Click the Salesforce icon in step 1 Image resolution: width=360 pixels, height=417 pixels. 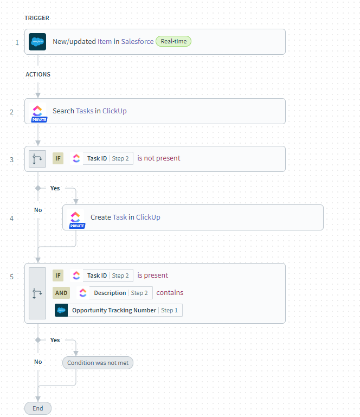pyautogui.click(x=37, y=42)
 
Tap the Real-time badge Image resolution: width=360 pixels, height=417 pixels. pyautogui.click(x=173, y=41)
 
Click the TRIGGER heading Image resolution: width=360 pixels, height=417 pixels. pyautogui.click(x=37, y=18)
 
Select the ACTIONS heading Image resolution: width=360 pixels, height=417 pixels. pyautogui.click(x=38, y=74)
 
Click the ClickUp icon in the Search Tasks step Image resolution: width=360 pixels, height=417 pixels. pyautogui.click(x=37, y=111)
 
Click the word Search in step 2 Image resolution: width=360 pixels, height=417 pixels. pyautogui.click(x=63, y=111)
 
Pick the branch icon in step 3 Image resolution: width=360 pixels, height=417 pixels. pyautogui.click(x=37, y=159)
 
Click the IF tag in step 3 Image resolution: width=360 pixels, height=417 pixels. pyautogui.click(x=58, y=158)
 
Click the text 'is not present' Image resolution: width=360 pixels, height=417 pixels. pyautogui.click(x=159, y=158)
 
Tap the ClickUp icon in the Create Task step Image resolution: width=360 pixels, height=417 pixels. pyautogui.click(x=75, y=217)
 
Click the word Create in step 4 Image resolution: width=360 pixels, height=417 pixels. pyautogui.click(x=100, y=217)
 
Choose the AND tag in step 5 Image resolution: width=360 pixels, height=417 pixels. pyautogui.click(x=61, y=293)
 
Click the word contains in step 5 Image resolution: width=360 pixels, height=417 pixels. pyautogui.click(x=170, y=293)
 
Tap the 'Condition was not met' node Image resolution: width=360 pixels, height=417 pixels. pyautogui.click(x=98, y=363)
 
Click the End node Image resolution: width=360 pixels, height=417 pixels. pyautogui.click(x=38, y=408)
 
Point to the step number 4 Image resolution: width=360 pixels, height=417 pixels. pyautogui.click(x=12, y=218)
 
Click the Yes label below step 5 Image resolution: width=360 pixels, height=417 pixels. pyautogui.click(x=55, y=340)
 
